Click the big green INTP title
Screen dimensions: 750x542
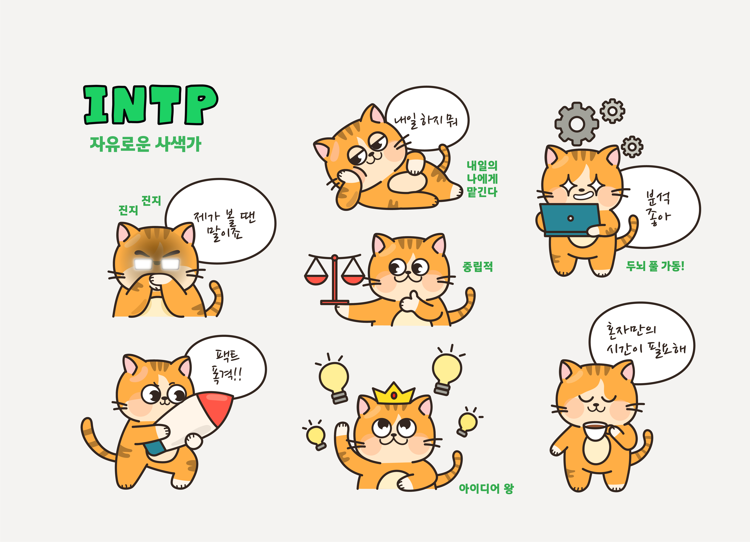[151, 105]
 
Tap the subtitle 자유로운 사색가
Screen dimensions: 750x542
[146, 144]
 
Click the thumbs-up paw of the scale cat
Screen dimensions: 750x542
[410, 301]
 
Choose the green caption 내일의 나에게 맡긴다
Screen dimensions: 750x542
[482, 179]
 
